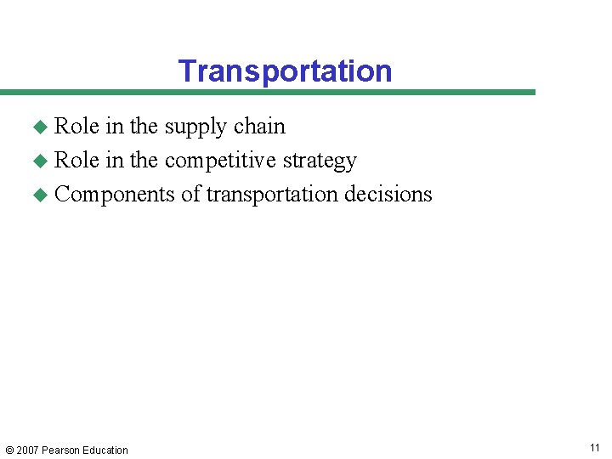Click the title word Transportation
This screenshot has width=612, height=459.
[x=285, y=71]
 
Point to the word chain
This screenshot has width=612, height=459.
[x=259, y=127]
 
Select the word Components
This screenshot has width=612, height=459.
[x=115, y=195]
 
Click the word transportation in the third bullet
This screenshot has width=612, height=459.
[x=272, y=195]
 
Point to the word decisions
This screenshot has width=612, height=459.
[x=388, y=195]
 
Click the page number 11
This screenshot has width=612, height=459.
[x=593, y=448]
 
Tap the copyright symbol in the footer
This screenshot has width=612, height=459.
[x=8, y=450]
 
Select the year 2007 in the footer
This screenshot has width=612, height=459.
[x=28, y=450]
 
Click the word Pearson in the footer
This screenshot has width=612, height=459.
[x=62, y=450]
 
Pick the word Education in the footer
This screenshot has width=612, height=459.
[x=105, y=450]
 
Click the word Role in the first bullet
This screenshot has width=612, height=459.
[x=76, y=127]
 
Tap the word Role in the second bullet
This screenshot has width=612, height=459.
[x=76, y=161]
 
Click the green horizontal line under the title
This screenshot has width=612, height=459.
[x=268, y=92]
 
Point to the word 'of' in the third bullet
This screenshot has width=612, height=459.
[x=190, y=195]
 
